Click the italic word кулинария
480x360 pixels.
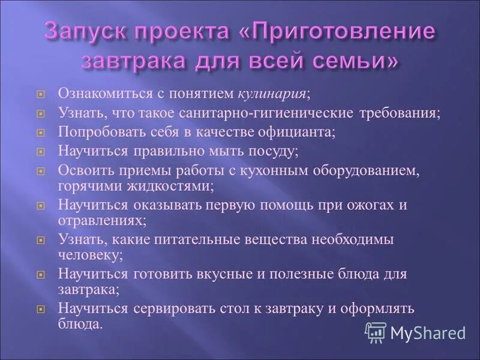tap(272, 94)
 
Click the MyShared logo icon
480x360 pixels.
tap(375, 331)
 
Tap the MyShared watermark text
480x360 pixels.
tap(428, 332)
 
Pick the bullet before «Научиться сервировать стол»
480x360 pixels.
tap(41, 310)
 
